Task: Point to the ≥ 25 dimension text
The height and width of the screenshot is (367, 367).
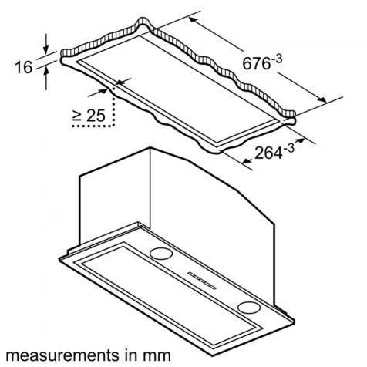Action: tap(89, 115)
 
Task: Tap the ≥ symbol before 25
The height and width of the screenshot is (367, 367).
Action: tap(77, 115)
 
